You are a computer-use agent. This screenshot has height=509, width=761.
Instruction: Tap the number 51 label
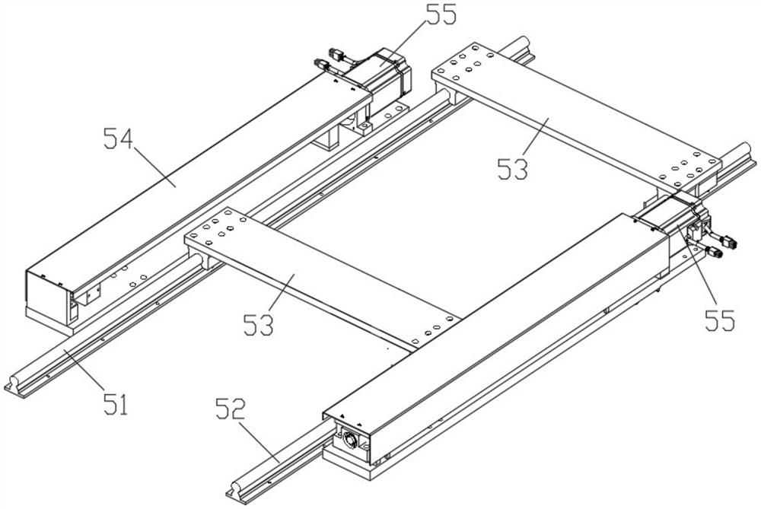point(115,403)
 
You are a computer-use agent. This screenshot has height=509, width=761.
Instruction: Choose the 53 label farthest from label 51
point(514,168)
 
